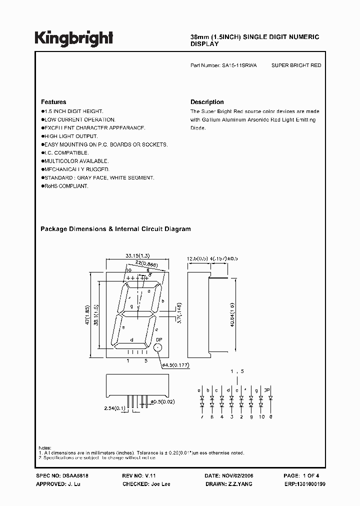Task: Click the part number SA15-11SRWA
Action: click(x=239, y=65)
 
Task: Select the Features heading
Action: click(x=53, y=102)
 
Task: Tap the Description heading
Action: click(x=207, y=102)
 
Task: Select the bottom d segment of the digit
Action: click(x=131, y=345)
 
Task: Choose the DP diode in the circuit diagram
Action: click(x=270, y=399)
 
